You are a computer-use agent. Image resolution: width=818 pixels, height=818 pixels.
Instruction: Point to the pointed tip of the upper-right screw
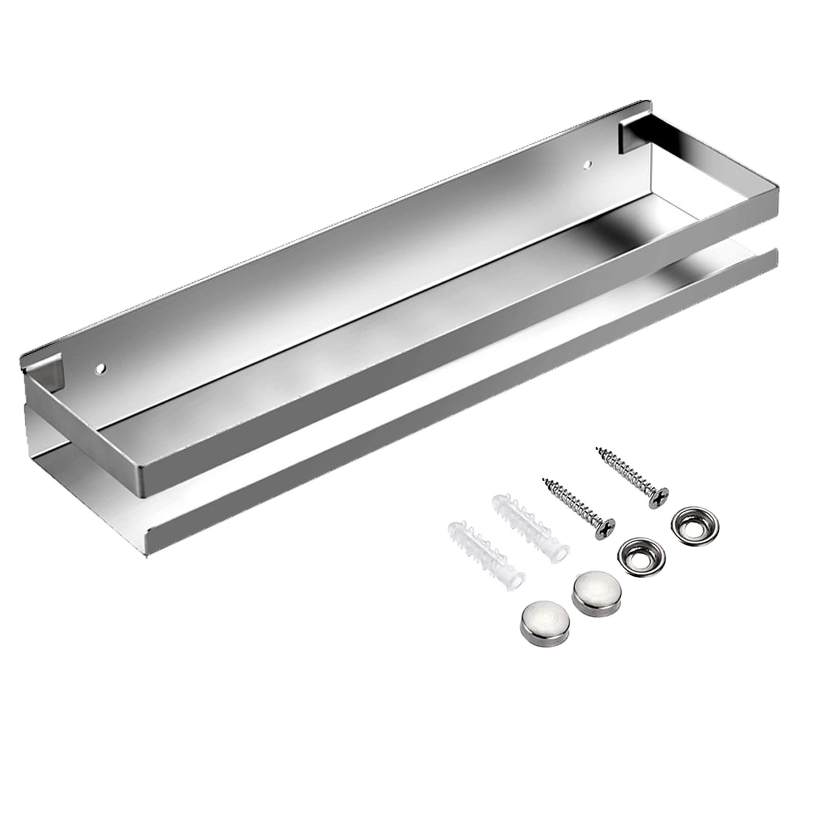click(596, 449)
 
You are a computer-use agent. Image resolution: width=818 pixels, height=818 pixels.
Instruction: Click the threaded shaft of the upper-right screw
click(626, 470)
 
